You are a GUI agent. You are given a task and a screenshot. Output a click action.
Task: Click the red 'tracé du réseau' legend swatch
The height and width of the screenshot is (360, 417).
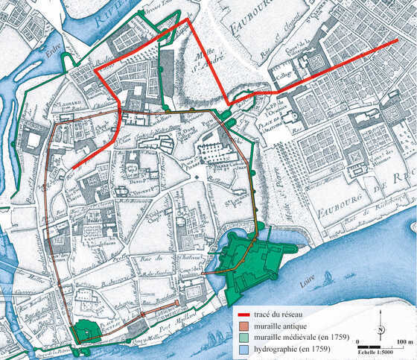coord(242,312)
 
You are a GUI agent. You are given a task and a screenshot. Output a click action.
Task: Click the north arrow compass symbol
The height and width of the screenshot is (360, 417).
coord(381,329)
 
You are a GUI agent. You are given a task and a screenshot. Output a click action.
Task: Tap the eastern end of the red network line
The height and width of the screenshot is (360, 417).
coord(397,41)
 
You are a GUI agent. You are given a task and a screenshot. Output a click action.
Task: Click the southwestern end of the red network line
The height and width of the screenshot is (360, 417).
coord(74,168)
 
